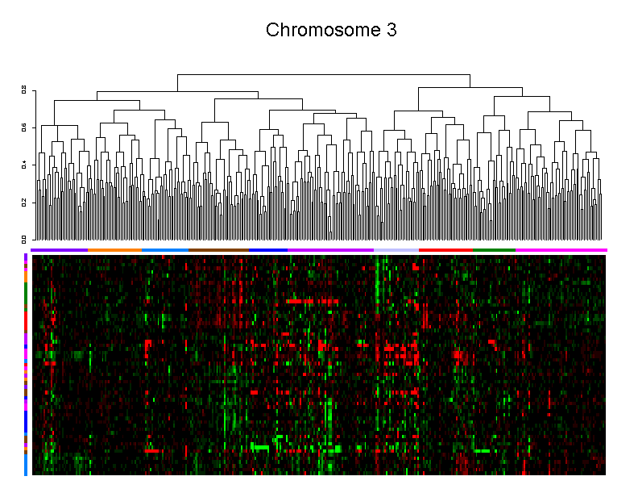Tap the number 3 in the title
(391, 31)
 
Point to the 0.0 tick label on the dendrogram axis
(24, 239)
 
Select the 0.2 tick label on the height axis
(24, 202)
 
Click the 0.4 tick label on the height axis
(24, 165)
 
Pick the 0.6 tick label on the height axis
(24, 127)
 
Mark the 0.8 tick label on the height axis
(24, 90)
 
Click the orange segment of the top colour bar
(114, 250)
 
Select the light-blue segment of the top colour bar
(164, 250)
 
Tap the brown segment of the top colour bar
(218, 250)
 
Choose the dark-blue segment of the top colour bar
(268, 250)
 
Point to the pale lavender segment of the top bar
(396, 250)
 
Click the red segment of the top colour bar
(446, 250)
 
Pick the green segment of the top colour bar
(494, 250)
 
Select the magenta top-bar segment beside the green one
(561, 250)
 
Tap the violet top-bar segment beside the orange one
(59, 250)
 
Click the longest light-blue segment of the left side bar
(26, 465)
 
